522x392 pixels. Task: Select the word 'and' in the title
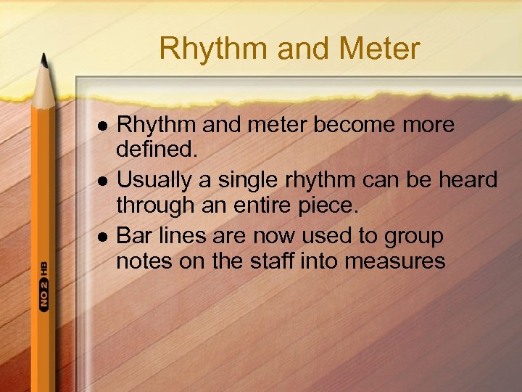[293, 49]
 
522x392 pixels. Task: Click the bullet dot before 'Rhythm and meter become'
[102, 126]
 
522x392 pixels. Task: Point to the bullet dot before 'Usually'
[102, 180]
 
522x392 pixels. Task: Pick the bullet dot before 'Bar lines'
[102, 236]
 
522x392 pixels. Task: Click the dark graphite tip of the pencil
[44, 60]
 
